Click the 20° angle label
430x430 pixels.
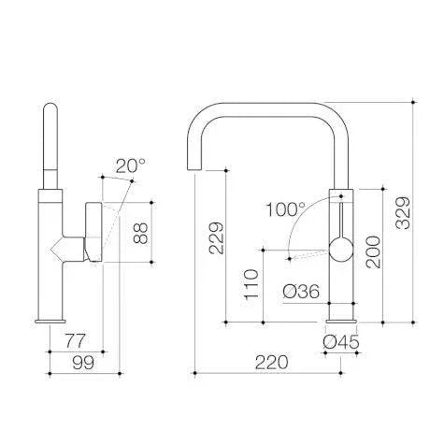[130, 166]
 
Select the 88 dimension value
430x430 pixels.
[140, 232]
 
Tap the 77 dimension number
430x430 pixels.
[74, 340]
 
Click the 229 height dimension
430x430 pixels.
[214, 238]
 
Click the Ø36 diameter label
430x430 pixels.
[302, 291]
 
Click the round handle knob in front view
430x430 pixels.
[340, 250]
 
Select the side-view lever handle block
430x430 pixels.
[94, 231]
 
